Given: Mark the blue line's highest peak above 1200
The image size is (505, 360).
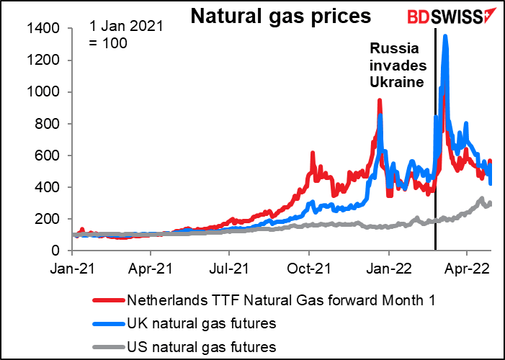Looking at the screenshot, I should click(446, 36).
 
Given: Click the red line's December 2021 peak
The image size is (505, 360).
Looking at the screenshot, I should click(379, 101).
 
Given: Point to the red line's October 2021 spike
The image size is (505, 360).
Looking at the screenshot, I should click(312, 153).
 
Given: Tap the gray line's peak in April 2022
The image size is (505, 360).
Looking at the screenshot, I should click(481, 198).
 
